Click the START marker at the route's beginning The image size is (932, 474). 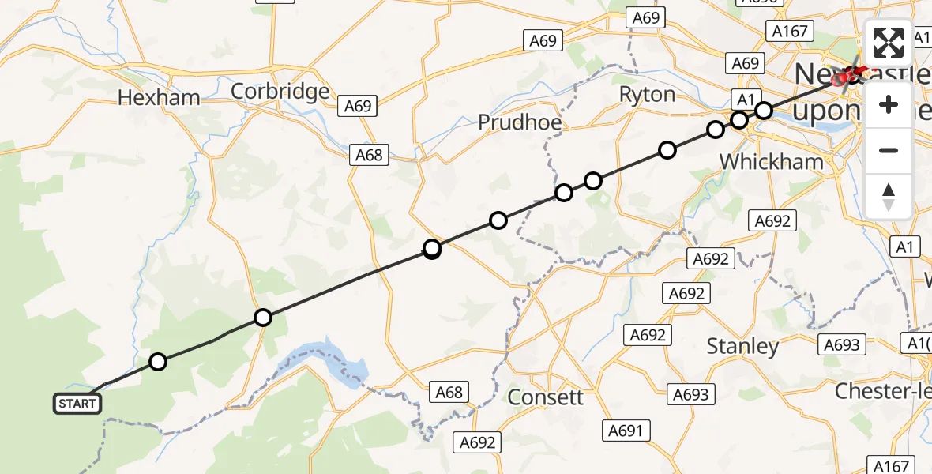click(77, 404)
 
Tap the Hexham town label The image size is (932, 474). click(158, 97)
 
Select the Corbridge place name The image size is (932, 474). click(280, 92)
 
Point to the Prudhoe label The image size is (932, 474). click(519, 122)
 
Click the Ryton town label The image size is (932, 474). click(647, 95)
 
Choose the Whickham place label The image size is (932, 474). click(771, 161)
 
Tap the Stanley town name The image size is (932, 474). click(742, 346)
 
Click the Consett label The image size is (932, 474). click(545, 397)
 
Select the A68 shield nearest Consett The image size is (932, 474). click(449, 391)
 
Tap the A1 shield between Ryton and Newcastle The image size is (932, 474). click(743, 99)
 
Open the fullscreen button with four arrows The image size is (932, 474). click(889, 43)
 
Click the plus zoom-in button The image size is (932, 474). click(889, 104)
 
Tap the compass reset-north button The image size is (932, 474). click(889, 196)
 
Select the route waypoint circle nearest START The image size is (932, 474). click(158, 362)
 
